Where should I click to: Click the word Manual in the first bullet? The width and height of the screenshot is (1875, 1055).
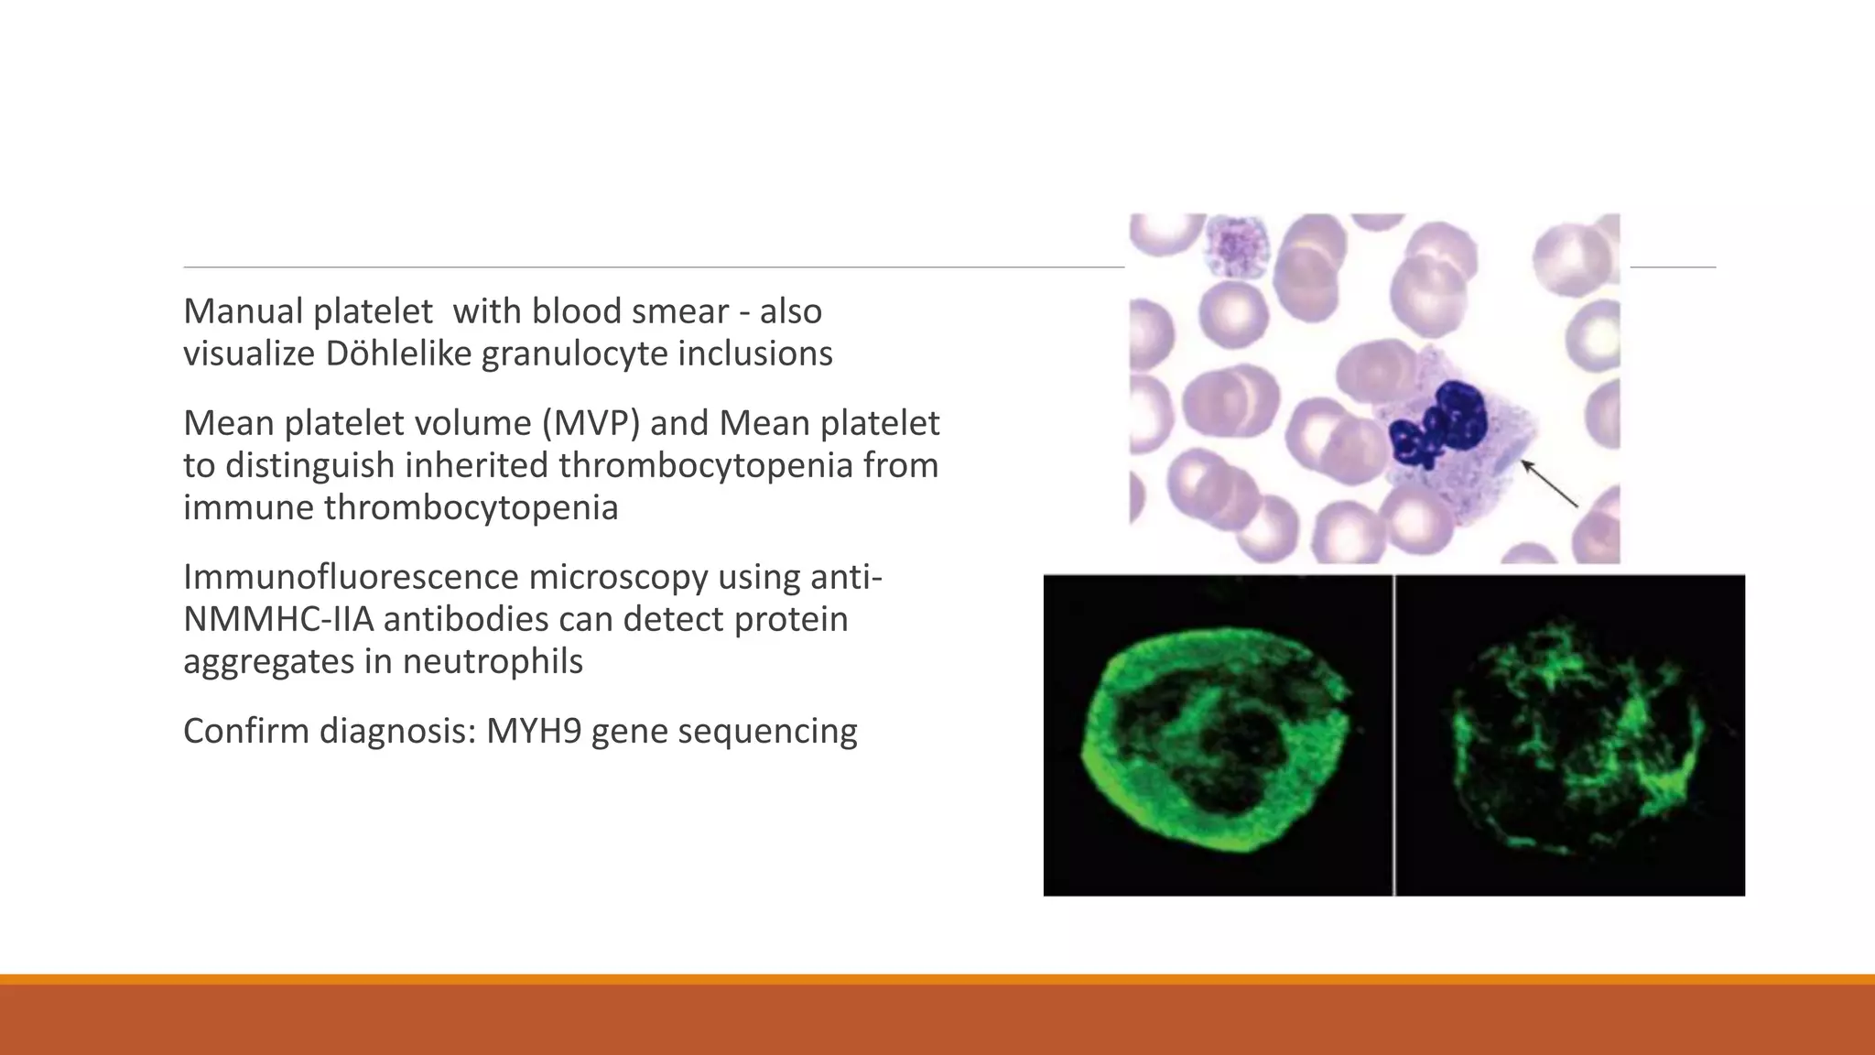click(x=242, y=311)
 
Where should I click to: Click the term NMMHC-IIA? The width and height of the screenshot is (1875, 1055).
click(x=278, y=619)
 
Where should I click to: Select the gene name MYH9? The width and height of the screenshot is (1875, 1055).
click(x=533, y=731)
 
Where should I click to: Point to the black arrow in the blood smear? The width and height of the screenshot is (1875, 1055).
click(x=1550, y=484)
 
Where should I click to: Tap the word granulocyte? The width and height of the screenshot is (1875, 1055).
click(x=574, y=353)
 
